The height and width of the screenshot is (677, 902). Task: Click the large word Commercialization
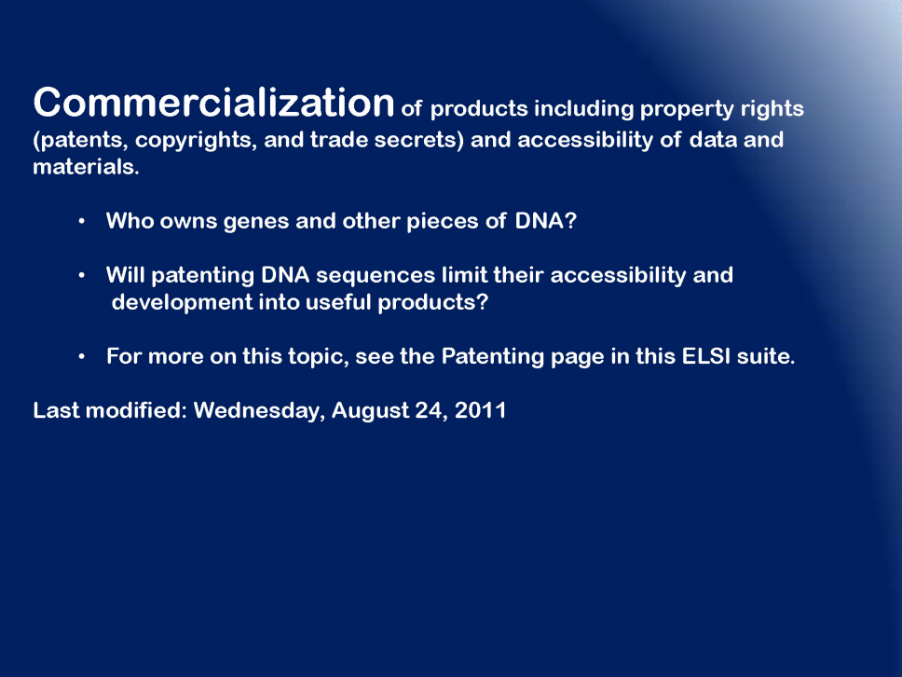(213, 103)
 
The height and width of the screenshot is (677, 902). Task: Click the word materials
(86, 167)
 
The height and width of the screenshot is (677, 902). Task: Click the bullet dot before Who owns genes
(82, 221)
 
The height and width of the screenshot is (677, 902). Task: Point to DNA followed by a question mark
(545, 220)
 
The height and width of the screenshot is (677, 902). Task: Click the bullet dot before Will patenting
(82, 276)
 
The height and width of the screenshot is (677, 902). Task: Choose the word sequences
(376, 276)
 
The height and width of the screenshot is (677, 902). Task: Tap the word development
(182, 303)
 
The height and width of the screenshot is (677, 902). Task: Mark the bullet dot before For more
(82, 357)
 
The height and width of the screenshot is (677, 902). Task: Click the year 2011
(480, 410)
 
